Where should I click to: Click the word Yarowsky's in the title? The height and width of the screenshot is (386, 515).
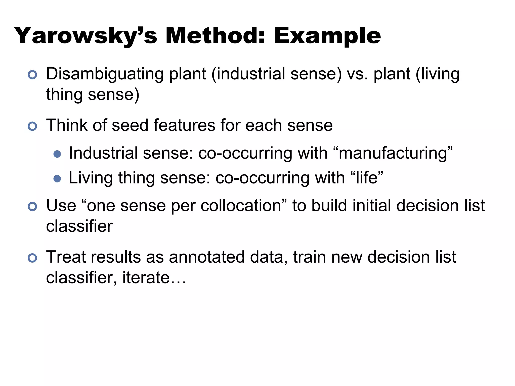[85, 36]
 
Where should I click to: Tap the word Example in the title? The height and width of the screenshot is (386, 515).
[327, 36]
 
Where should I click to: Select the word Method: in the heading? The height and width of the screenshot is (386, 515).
[215, 36]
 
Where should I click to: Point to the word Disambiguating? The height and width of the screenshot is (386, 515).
[105, 74]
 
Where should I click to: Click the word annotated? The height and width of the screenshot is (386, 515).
[207, 257]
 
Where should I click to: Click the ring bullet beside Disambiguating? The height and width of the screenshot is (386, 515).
[32, 75]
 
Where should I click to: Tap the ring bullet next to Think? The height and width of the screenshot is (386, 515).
[32, 126]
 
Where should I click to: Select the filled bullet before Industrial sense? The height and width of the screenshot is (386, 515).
[57, 154]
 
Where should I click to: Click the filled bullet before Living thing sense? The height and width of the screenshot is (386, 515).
[57, 179]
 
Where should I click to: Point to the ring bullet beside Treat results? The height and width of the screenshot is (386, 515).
[32, 258]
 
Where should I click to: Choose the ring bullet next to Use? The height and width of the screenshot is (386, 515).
[32, 207]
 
